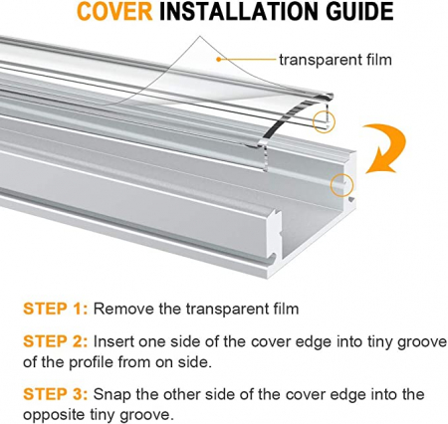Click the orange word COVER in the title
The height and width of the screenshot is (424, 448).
click(114, 11)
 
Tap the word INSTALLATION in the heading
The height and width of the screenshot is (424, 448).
click(240, 11)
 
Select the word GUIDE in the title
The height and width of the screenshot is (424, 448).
click(359, 11)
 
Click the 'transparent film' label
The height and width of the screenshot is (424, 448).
click(336, 60)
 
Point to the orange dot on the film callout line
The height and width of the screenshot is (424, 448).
click(218, 60)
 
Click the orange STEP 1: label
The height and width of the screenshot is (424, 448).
click(56, 309)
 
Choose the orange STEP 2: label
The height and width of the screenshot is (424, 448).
click(56, 341)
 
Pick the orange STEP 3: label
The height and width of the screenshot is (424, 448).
click(56, 394)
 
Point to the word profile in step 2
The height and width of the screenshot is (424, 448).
click(91, 362)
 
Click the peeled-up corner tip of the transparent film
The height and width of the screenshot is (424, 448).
click(200, 36)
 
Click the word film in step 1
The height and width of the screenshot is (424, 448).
click(286, 309)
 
